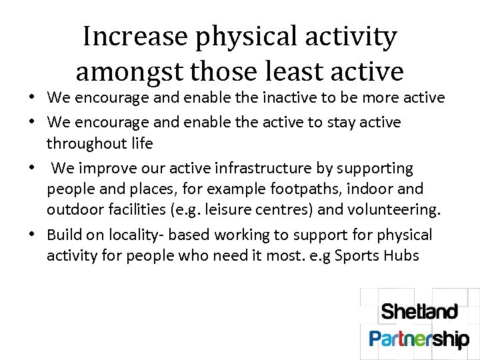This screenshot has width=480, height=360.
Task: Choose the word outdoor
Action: (x=73, y=210)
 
